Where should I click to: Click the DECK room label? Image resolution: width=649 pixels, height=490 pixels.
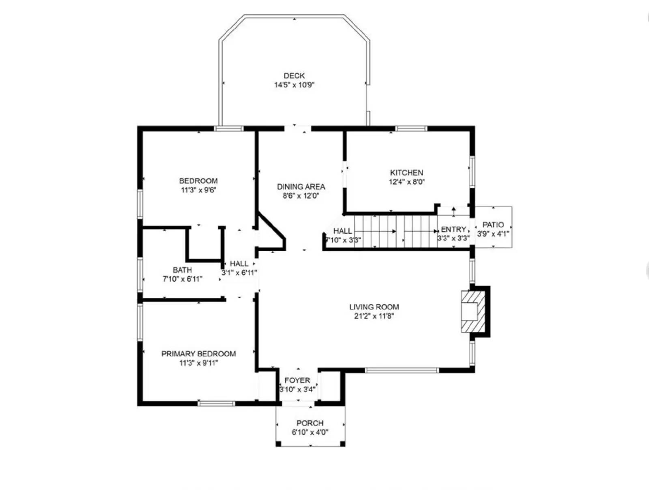(294, 75)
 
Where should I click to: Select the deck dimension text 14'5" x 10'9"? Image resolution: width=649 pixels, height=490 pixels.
(294, 85)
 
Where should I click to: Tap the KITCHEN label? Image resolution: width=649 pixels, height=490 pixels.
(406, 172)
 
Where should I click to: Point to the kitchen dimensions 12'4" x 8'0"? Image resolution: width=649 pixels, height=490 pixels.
(406, 182)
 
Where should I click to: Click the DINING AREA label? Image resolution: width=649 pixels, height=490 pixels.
(301, 187)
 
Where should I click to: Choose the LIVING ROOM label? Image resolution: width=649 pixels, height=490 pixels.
(374, 307)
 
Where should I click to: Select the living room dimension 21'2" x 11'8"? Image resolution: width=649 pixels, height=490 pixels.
(374, 316)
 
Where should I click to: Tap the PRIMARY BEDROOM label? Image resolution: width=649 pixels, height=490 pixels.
(198, 354)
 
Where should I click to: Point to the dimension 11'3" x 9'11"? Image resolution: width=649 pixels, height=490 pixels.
(198, 363)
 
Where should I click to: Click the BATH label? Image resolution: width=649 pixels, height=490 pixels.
(182, 270)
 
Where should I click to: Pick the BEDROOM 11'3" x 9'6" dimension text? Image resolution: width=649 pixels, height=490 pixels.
(198, 190)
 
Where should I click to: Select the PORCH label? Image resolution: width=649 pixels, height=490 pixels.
(310, 423)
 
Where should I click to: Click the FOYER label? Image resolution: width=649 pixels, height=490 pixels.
(297, 380)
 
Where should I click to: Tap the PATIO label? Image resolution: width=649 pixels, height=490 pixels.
(493, 225)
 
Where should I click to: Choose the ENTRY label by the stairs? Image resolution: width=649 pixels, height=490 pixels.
(453, 229)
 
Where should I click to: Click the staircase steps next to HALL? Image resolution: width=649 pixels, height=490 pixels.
(395, 231)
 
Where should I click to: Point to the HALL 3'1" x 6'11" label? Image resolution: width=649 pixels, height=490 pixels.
(239, 268)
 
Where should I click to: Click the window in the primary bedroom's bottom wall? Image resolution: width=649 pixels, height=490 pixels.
(216, 403)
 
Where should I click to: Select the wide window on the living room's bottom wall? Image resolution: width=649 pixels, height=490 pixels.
(402, 370)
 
